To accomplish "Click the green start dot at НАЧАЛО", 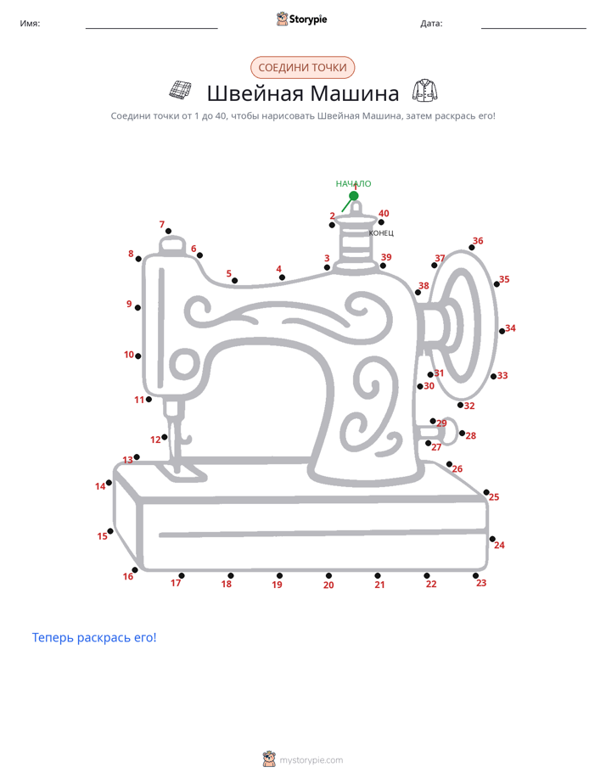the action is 353,195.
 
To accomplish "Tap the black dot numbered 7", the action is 169,231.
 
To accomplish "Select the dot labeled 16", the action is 134,570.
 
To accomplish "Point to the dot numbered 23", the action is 475,575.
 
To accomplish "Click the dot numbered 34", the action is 502,331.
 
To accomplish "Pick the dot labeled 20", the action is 328,575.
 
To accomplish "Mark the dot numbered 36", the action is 472,248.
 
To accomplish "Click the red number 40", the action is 384,214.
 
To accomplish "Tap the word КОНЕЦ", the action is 381,233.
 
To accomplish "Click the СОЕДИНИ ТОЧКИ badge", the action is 302,68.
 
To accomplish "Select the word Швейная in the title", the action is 253,93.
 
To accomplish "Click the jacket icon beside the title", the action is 425,91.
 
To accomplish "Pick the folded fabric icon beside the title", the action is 180,89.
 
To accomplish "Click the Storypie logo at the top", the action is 301,19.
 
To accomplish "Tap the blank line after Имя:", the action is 151,28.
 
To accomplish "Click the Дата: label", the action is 431,24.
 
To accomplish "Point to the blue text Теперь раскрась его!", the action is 94,637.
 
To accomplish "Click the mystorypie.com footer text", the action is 311,760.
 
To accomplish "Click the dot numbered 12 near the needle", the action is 165,437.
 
